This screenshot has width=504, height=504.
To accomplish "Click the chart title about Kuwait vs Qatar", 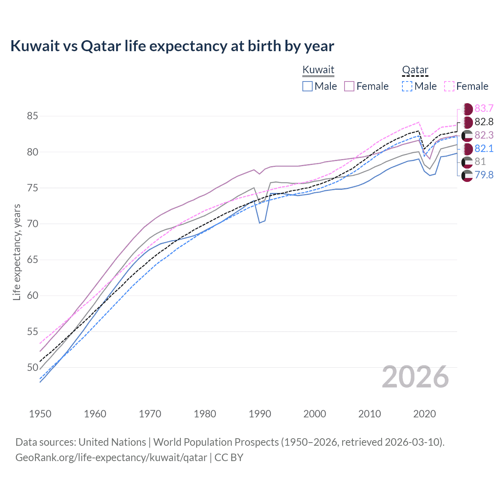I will pos(172,46).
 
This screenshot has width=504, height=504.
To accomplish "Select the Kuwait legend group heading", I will pos(318,70).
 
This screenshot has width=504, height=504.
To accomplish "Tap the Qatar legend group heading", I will pos(415,70).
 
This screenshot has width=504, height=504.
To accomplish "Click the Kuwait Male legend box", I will pos(308,86).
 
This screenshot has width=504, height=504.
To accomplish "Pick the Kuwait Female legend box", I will pos(349,86).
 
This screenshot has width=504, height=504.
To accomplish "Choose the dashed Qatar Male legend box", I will pos(407,86).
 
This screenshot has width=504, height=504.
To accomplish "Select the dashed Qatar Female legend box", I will pos(449,86).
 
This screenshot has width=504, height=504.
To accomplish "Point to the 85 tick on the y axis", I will pos(32,116).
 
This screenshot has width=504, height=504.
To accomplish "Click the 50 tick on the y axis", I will pos(32,367).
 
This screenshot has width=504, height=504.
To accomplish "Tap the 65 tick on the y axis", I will pos(32,260).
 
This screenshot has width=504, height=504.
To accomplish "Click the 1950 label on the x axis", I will pos(40,414).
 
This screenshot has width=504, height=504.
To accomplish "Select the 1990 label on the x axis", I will pos(260,414).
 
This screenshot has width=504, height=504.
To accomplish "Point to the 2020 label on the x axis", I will pos(424,414).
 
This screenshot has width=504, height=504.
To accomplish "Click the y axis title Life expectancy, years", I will pos(17,252).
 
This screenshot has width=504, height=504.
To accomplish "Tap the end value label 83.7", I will pos(484,109).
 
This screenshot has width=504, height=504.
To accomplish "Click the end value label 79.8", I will pos(484,175).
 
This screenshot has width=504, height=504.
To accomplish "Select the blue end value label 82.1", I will pos(484,148).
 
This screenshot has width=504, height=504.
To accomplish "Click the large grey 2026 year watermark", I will pos(415,377).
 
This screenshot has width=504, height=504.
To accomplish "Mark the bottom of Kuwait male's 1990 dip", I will pos(260,223).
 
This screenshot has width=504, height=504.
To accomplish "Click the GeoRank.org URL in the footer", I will pos(111,458).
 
